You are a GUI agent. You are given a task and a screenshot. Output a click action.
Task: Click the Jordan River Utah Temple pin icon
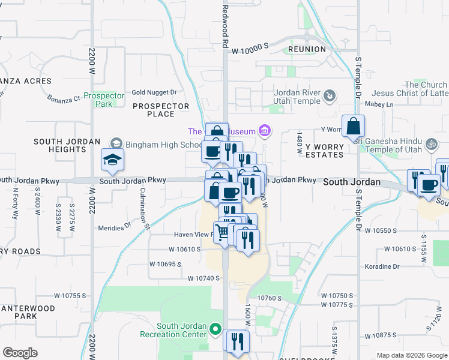point(330,95)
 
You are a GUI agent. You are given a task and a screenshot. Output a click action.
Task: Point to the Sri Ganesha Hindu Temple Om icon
point(430,145)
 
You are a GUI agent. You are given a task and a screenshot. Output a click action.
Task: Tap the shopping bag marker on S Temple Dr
point(354,127)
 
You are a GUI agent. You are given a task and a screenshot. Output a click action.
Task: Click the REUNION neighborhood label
point(307,49)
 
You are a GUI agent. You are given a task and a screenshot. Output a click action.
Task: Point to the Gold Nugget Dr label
point(155,92)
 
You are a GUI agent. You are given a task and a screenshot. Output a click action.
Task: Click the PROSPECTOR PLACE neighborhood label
point(161,110)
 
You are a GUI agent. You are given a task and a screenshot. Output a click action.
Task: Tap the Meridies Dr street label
point(114,227)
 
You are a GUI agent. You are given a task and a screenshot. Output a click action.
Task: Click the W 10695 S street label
point(165,264)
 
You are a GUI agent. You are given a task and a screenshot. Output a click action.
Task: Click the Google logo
point(20,352)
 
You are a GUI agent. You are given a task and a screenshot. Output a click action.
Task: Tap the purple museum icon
point(264,130)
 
